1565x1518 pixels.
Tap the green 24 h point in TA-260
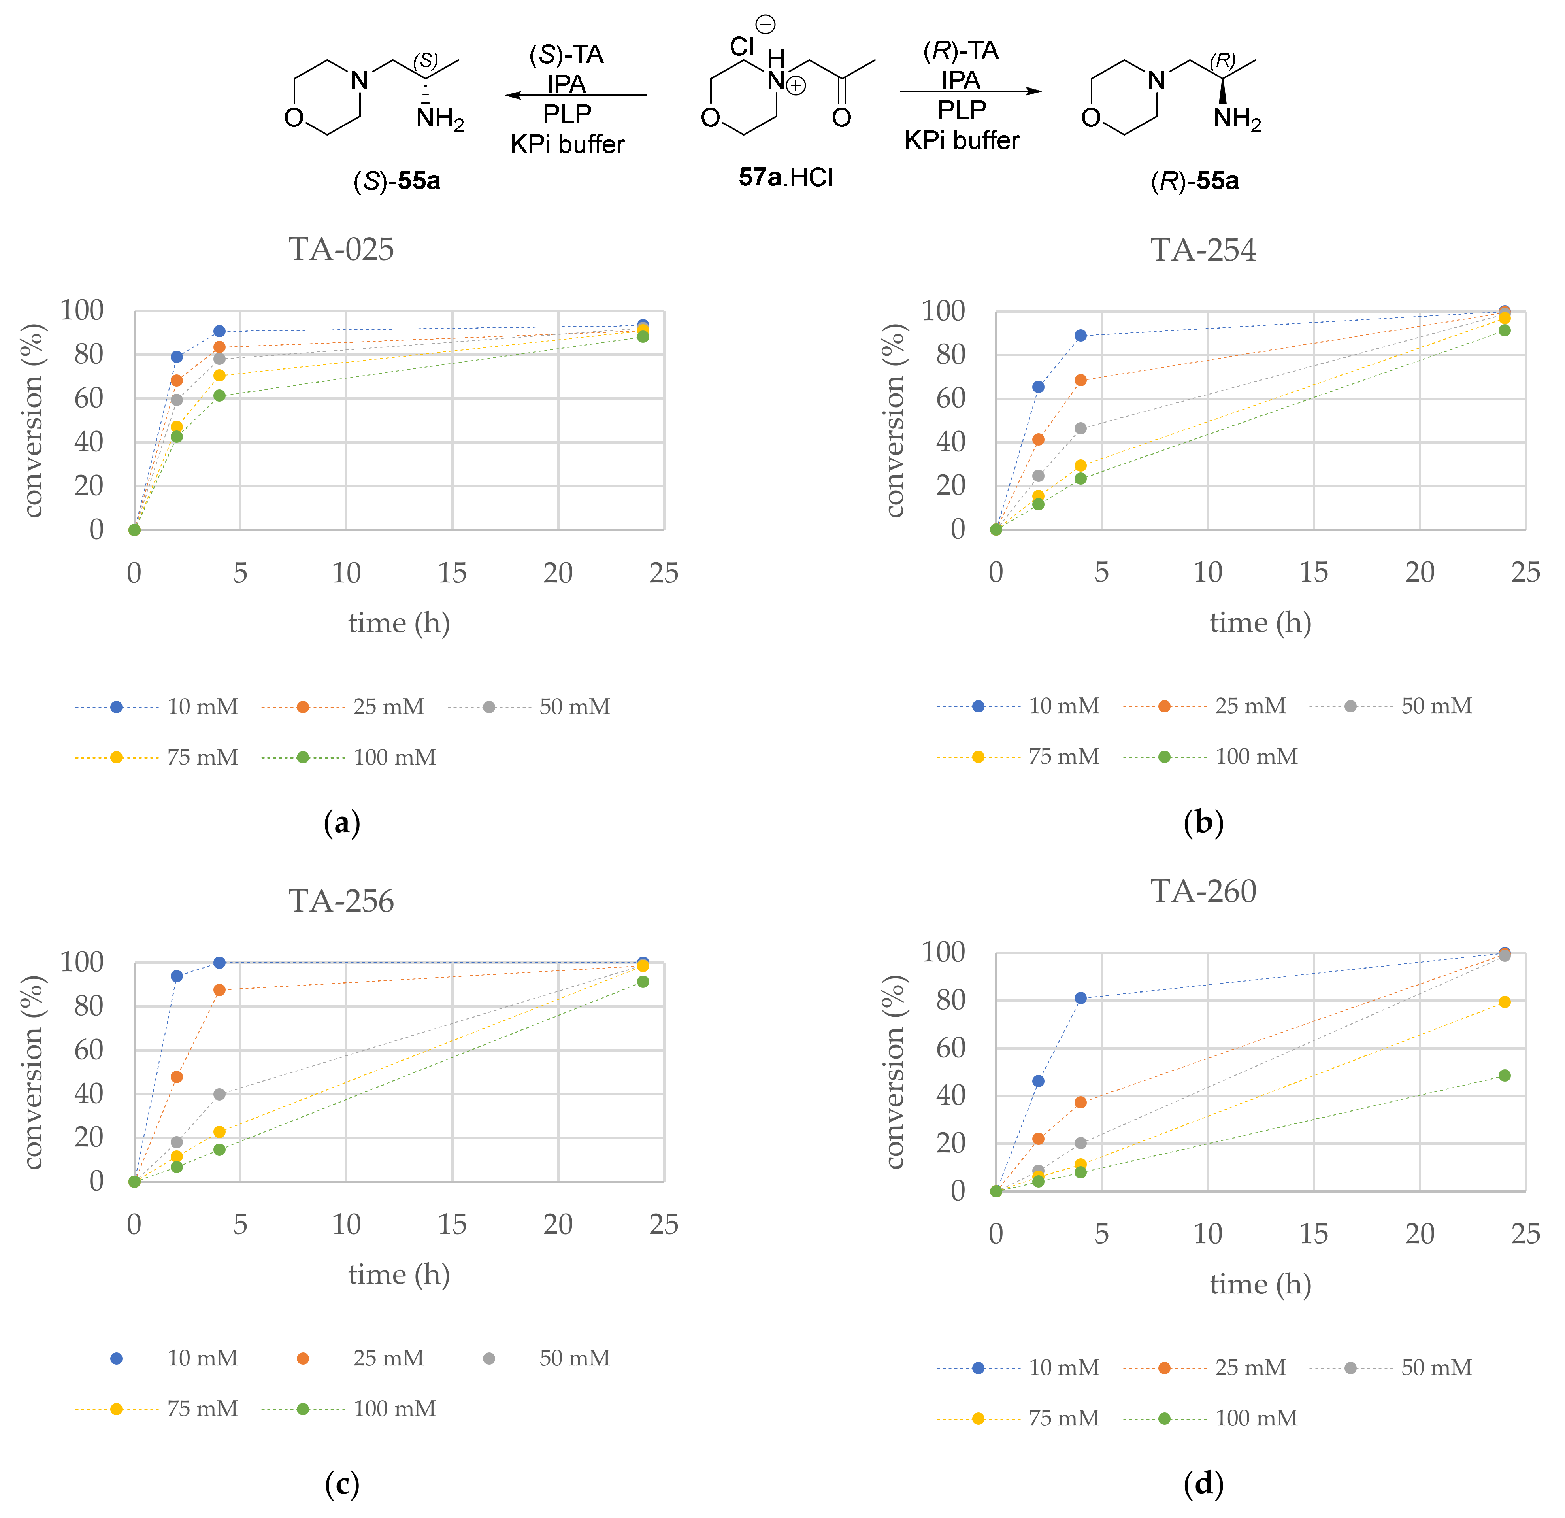click(1504, 1076)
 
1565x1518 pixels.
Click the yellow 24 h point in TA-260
click(1504, 1001)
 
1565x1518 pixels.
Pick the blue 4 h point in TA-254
click(1080, 335)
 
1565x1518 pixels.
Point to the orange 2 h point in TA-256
click(177, 1076)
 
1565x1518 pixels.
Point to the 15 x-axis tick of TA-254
click(1314, 572)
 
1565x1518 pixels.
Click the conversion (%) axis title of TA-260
click(894, 1072)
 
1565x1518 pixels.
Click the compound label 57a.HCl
click(785, 177)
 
